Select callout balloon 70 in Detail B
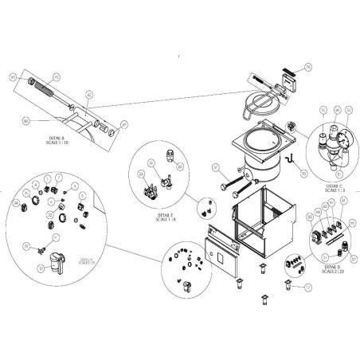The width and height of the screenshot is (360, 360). click(x=56, y=76)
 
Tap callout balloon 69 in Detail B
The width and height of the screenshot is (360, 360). click(x=123, y=124)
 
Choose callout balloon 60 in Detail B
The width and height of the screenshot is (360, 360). click(x=26, y=120)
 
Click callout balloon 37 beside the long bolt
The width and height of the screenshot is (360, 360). click(x=214, y=166)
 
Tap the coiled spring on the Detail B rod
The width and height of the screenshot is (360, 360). click(x=46, y=89)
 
